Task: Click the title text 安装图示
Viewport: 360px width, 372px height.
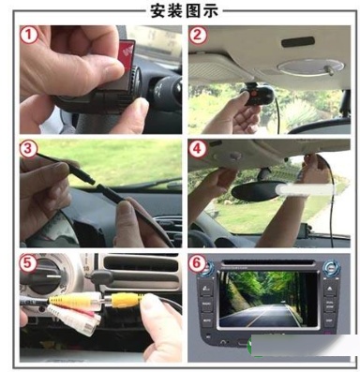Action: [184, 10]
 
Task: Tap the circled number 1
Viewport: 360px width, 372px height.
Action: [29, 35]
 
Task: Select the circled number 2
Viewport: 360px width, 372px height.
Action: [198, 35]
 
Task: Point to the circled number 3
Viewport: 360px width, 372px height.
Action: [28, 149]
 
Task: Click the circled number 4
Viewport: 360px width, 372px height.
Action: [197, 149]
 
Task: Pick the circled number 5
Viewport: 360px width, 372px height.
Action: [27, 263]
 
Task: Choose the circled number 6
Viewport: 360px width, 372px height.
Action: [196, 263]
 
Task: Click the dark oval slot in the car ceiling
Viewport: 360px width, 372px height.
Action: [298, 42]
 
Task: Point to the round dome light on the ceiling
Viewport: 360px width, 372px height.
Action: [310, 67]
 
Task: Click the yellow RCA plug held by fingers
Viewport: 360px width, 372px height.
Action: [124, 300]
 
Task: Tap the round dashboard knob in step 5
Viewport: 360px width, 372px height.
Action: [45, 276]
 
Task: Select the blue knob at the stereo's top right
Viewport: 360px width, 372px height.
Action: [331, 269]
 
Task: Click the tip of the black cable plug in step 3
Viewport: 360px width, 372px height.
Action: [93, 182]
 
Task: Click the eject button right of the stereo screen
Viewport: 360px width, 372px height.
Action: [329, 290]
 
